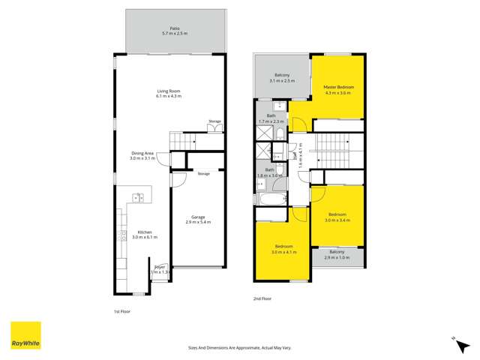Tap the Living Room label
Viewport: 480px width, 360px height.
tap(168, 94)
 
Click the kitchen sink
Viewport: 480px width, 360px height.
tap(138, 198)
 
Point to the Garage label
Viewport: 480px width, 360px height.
tap(198, 220)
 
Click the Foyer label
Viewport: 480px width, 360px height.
tap(159, 268)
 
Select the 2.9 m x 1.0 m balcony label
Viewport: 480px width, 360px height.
tap(335, 254)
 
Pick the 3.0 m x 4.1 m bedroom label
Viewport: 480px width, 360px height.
tap(283, 248)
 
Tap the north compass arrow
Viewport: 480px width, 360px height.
tap(454, 339)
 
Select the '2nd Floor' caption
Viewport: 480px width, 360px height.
tap(262, 298)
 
